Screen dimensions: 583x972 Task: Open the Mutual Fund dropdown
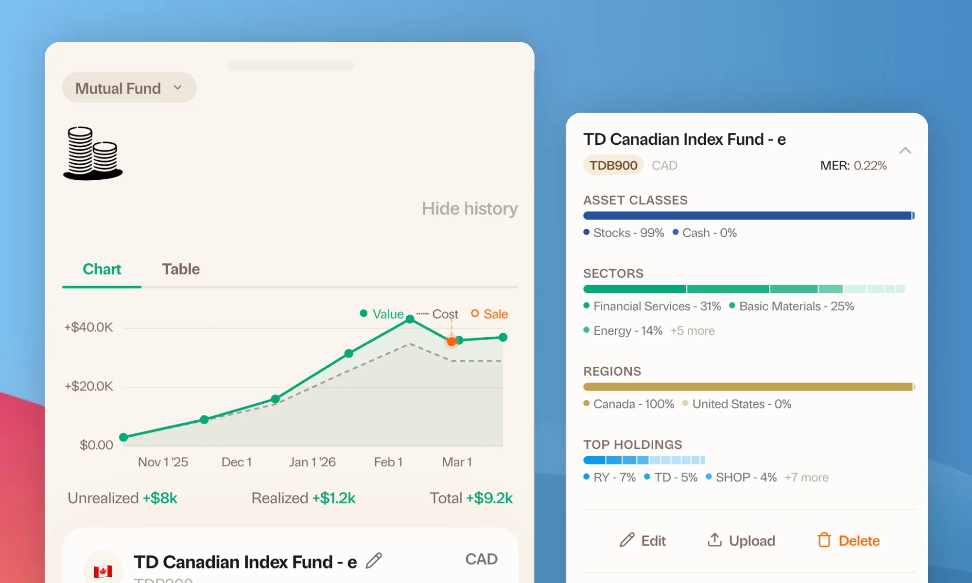tap(129, 88)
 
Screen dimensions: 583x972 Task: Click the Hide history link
tap(469, 208)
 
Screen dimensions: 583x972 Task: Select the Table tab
tap(180, 269)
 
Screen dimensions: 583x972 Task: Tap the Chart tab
tap(102, 269)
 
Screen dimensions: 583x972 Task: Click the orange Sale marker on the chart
tap(451, 342)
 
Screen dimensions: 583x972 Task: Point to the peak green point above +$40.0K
tap(410, 319)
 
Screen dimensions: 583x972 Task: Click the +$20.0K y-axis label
tap(88, 386)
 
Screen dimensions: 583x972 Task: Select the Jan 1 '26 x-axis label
tap(312, 462)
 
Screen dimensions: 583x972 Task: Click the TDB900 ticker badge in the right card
tap(613, 165)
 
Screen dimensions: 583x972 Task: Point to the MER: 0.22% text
tap(853, 166)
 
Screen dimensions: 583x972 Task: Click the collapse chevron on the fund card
tap(905, 151)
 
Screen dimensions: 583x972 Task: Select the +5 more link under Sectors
tap(692, 331)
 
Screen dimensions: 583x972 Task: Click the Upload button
tap(741, 541)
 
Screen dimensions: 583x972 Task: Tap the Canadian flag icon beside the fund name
tap(103, 570)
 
